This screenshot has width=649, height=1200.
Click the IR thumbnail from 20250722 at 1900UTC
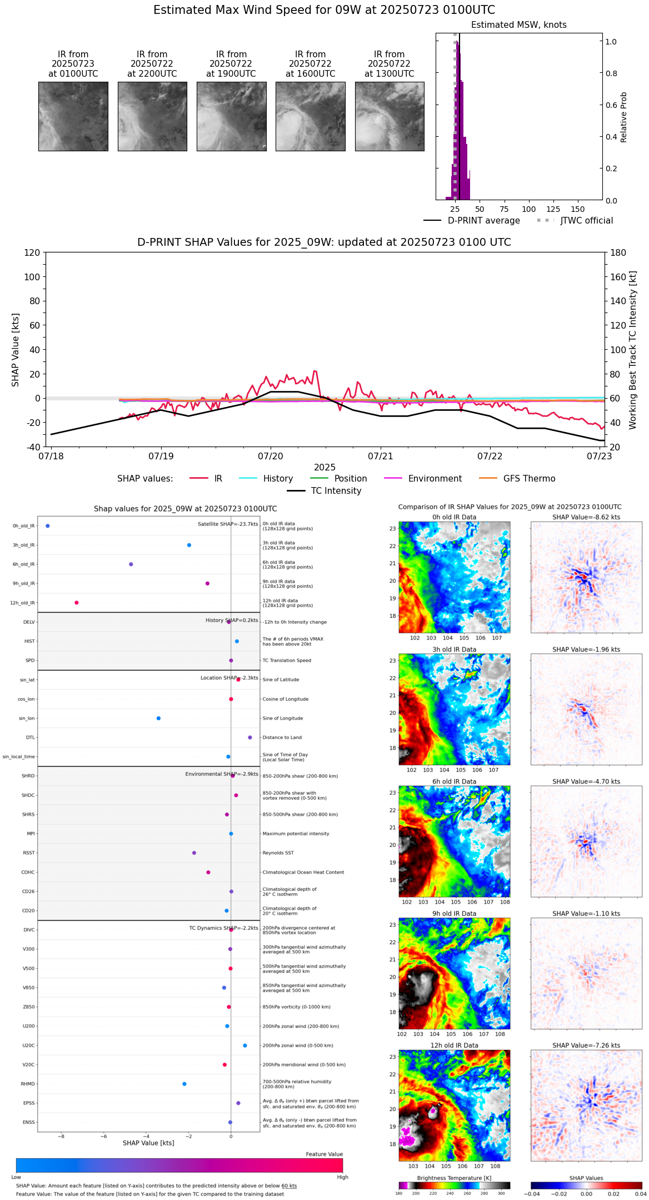(x=231, y=116)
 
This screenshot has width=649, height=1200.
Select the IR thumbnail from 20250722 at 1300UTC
(x=389, y=116)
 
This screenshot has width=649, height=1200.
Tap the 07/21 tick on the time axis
(x=381, y=456)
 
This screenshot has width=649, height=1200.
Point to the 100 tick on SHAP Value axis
(x=32, y=277)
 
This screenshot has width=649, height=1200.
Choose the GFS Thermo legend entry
(x=529, y=478)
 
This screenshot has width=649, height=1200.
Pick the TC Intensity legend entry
(x=336, y=490)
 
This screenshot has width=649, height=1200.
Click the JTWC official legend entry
(x=586, y=221)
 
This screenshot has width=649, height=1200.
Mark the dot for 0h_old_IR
(x=48, y=525)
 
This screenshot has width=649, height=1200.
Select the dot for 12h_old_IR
(x=77, y=602)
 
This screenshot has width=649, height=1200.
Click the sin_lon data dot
(x=158, y=718)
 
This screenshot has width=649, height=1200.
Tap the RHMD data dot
(x=184, y=1083)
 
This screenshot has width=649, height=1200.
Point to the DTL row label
(x=30, y=737)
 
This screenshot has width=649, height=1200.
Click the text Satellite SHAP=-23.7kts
(x=228, y=524)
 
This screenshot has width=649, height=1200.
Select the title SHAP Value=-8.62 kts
(x=586, y=517)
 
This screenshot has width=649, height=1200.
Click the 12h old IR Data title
(x=454, y=1045)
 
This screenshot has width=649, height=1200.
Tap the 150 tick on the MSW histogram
(x=578, y=209)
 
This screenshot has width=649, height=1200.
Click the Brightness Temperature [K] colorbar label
(x=454, y=1178)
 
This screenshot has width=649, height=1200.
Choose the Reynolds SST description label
(x=278, y=852)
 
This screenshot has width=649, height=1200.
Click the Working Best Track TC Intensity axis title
(x=632, y=350)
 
